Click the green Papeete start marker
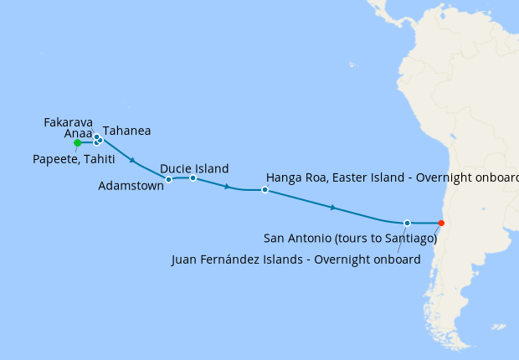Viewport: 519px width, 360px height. [x=77, y=143]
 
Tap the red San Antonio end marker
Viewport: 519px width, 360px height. [x=441, y=223]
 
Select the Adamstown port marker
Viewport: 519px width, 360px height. [x=169, y=179]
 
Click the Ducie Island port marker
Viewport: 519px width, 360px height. [x=193, y=177]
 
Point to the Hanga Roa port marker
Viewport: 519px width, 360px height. [x=265, y=190]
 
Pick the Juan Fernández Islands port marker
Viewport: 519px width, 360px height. [x=407, y=223]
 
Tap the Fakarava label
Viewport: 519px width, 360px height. [x=68, y=122]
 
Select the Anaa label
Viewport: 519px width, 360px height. [x=79, y=133]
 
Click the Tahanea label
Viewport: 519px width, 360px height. [x=126, y=131]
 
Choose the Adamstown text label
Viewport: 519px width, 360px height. [x=131, y=187]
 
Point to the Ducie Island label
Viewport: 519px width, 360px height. [x=193, y=168]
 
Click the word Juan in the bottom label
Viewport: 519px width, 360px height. [x=184, y=260]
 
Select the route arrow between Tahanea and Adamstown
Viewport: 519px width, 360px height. [x=132, y=159]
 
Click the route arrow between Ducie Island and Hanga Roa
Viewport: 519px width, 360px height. [x=228, y=187]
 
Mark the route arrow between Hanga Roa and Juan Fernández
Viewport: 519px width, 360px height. [x=333, y=207]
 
